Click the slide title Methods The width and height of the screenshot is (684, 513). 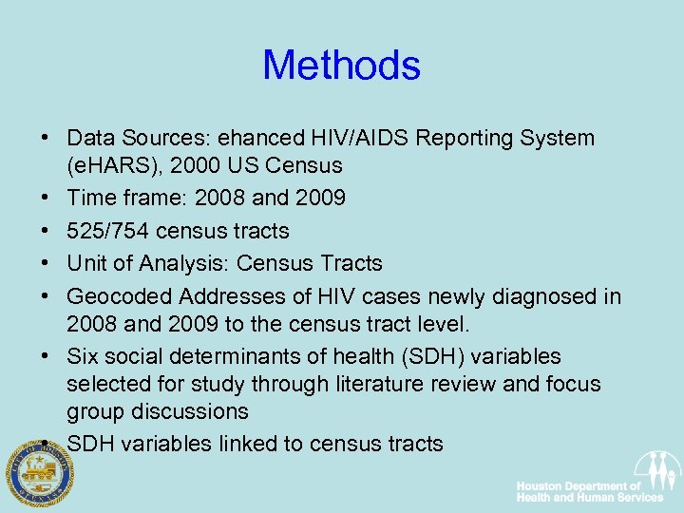point(341,66)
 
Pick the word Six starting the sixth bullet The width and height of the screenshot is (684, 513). point(84,357)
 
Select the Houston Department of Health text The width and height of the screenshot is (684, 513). point(589,492)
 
